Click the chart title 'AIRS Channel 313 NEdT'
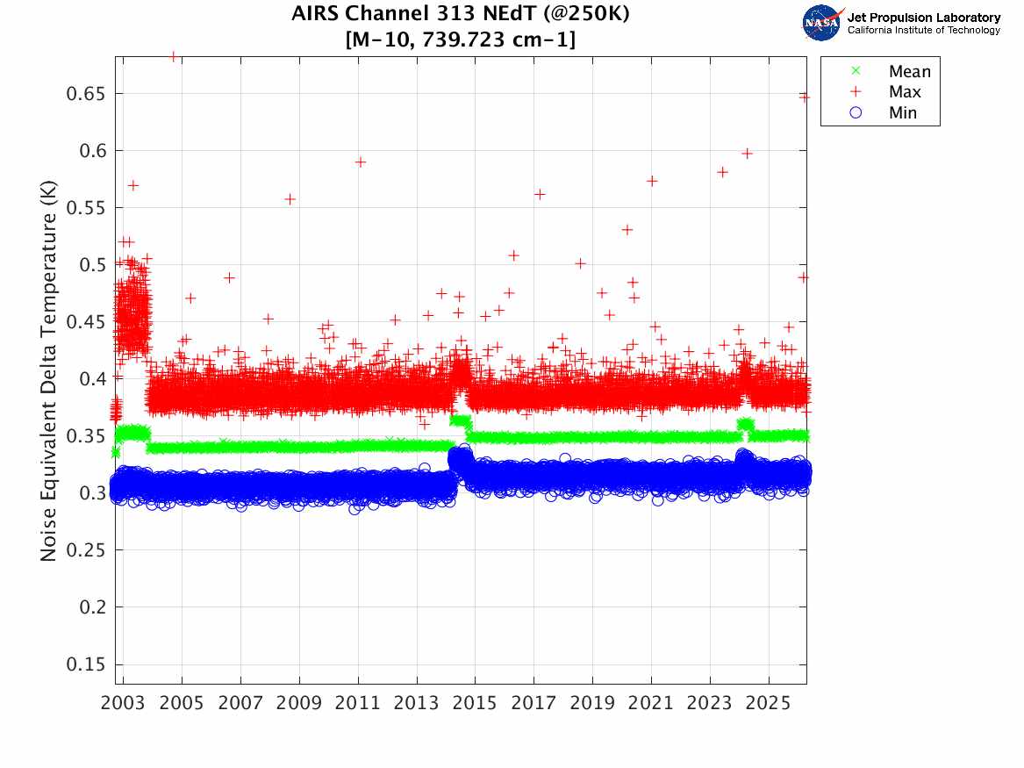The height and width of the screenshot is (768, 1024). pos(461,15)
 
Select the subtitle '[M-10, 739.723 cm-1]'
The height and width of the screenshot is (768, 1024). pos(461,39)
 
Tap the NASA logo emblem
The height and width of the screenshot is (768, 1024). pos(823,23)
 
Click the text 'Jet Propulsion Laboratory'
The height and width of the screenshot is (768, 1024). pos(923,18)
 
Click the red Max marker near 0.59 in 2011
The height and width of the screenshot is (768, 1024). pos(360,162)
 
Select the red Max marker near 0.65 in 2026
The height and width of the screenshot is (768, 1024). pos(804,97)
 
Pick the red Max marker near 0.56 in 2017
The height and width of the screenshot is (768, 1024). pos(540,195)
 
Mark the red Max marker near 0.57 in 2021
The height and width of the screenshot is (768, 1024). pos(652,182)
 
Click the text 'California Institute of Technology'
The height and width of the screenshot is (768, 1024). pos(923,31)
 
